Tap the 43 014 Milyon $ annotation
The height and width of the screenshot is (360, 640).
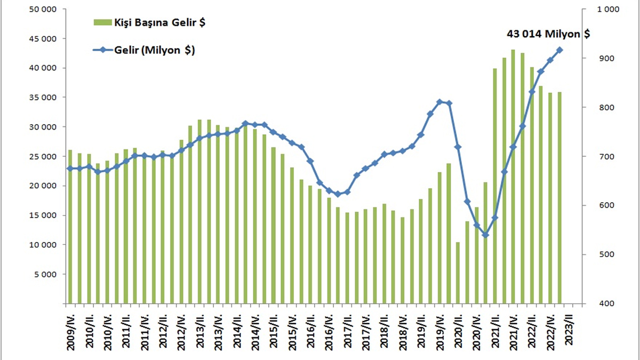click(548, 34)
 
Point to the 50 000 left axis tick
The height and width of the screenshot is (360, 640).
click(42, 10)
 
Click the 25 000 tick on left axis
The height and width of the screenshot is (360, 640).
click(42, 157)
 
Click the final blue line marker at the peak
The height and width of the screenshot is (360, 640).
click(560, 50)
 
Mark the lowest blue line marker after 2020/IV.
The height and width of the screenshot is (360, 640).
click(485, 235)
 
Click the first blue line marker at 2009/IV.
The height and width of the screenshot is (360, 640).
click(69, 169)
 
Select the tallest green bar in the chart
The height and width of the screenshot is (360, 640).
click(513, 177)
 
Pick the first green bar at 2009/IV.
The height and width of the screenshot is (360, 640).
click(70, 227)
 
